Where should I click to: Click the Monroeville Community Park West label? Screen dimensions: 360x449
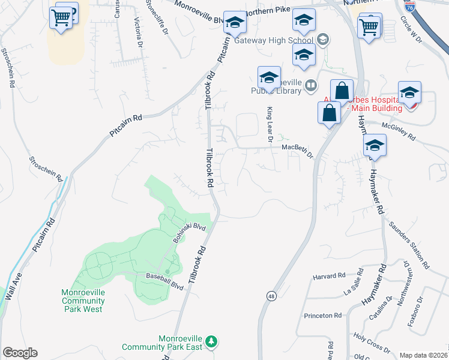(x=83, y=301)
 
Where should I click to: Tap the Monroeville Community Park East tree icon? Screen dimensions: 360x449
(x=211, y=341)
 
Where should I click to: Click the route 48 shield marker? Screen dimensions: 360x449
(x=271, y=296)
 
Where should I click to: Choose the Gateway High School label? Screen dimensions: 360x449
(x=274, y=40)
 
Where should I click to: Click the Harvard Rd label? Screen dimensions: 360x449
(x=330, y=276)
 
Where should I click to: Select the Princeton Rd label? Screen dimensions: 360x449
(x=322, y=315)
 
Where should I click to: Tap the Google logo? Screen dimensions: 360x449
(x=20, y=353)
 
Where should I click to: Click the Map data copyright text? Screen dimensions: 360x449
(x=424, y=355)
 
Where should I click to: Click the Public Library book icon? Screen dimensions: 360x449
(x=311, y=85)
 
